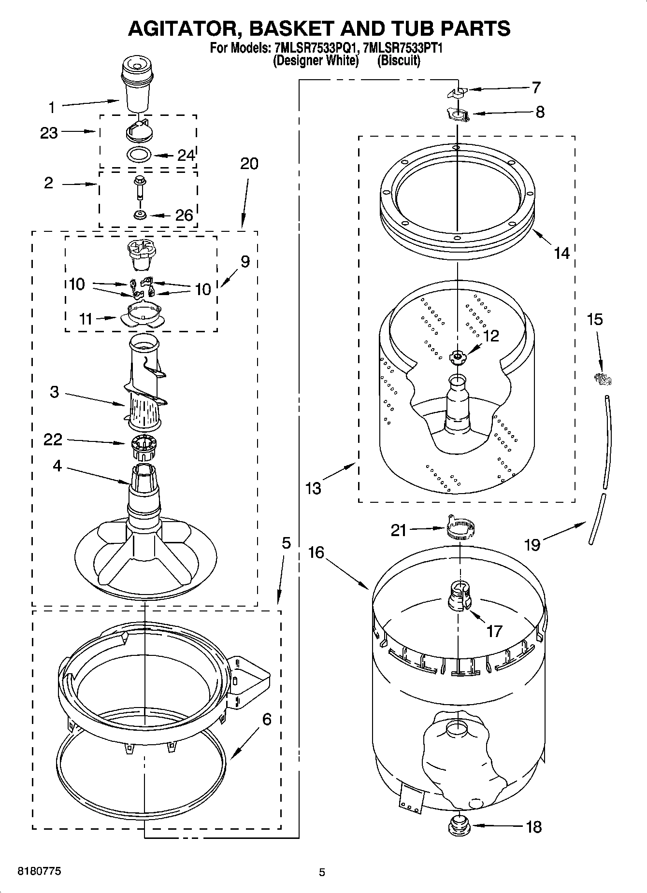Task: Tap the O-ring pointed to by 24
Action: (x=139, y=155)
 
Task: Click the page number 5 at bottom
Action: (x=322, y=872)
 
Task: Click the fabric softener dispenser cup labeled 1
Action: (x=138, y=85)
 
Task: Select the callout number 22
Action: (x=53, y=439)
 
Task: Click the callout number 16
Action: (x=316, y=553)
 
